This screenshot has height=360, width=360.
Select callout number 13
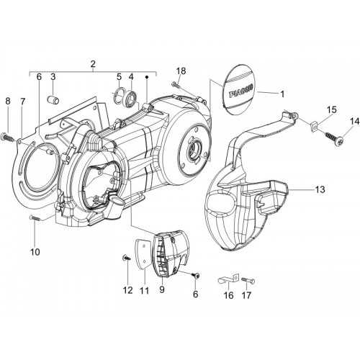[320, 189]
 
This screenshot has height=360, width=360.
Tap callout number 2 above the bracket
[93, 64]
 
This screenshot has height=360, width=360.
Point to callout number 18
[181, 71]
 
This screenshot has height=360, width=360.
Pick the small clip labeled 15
[314, 127]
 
